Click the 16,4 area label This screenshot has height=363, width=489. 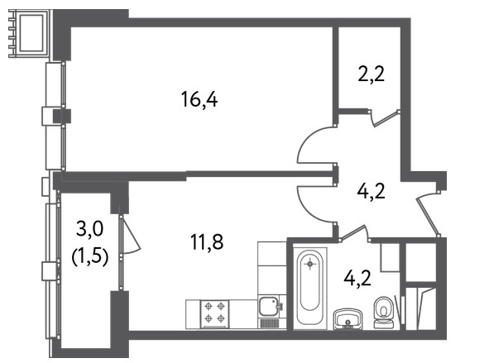[199, 99]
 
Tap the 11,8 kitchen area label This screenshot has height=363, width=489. [207, 241]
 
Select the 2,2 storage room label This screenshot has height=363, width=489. [372, 74]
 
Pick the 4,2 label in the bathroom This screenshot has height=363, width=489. [357, 278]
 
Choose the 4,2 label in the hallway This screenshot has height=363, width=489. [372, 191]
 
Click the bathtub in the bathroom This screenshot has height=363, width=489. [310, 289]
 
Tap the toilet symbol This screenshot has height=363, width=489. [383, 313]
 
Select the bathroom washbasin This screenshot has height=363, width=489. [348, 319]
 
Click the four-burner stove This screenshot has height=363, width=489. [215, 313]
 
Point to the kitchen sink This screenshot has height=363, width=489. [271, 307]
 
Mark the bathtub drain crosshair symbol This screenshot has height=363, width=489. [310, 265]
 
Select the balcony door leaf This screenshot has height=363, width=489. [131, 234]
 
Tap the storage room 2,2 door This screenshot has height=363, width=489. [386, 118]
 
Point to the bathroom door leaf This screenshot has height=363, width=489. [352, 233]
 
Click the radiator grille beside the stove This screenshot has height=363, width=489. [269, 323]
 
